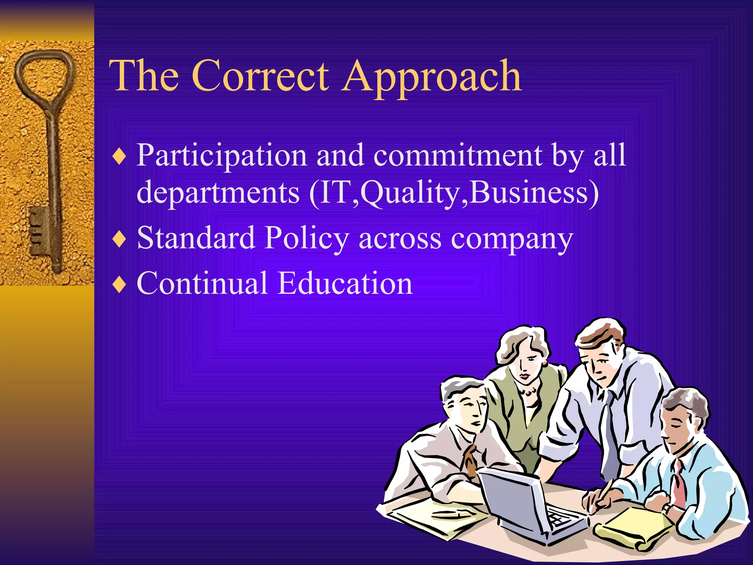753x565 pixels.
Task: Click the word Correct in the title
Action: coord(260,77)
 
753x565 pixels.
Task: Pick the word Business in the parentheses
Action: coord(529,192)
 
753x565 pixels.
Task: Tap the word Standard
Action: coord(196,238)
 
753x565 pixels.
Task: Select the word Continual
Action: coord(202,283)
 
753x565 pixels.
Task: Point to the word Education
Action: coord(345,283)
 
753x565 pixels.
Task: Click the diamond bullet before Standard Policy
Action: coord(119,239)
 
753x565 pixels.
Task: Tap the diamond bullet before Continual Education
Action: coord(119,284)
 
